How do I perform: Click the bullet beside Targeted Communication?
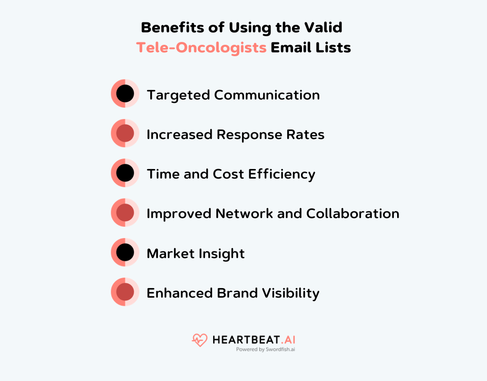coord(125,94)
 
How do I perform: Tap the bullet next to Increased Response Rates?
coord(125,133)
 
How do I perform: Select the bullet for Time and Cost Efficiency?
coord(125,173)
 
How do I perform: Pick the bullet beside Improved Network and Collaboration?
coord(125,212)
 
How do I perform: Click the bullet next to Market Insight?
coord(125,252)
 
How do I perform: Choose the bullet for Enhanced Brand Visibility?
coord(125,292)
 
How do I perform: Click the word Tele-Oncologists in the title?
coord(201,48)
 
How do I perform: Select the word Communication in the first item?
coord(267,95)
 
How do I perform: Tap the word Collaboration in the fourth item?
coord(352,213)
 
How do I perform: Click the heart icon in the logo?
coord(200,340)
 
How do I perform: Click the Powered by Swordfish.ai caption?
coord(265,349)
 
